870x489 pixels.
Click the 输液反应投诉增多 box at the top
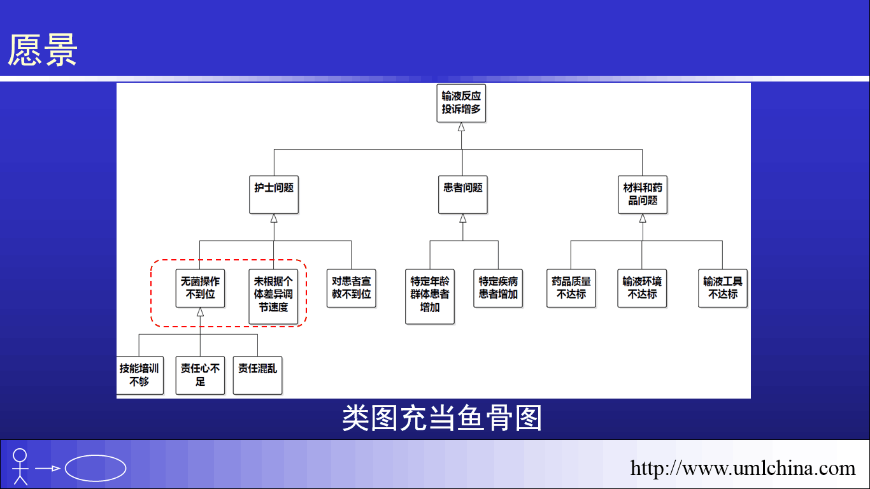[461, 103]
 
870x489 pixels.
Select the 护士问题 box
[274, 195]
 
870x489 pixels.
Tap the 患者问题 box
[462, 195]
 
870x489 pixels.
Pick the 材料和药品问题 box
[643, 195]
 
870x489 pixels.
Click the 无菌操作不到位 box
[200, 288]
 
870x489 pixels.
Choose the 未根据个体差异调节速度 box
[273, 297]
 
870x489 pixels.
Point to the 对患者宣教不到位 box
[351, 288]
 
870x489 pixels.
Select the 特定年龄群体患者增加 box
[429, 297]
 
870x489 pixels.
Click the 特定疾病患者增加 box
[498, 288]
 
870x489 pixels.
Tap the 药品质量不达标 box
[571, 288]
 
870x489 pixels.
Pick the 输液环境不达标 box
[642, 288]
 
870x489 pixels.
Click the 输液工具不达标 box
[722, 288]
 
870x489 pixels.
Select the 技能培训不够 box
[140, 376]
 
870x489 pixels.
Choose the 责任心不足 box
[200, 376]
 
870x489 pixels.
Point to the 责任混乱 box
[257, 376]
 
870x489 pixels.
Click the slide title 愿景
[42, 50]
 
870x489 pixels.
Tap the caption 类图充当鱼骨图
[442, 418]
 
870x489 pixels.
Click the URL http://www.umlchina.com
[743, 468]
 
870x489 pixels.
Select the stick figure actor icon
[20, 467]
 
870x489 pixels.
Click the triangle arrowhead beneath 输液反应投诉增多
[461, 127]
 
